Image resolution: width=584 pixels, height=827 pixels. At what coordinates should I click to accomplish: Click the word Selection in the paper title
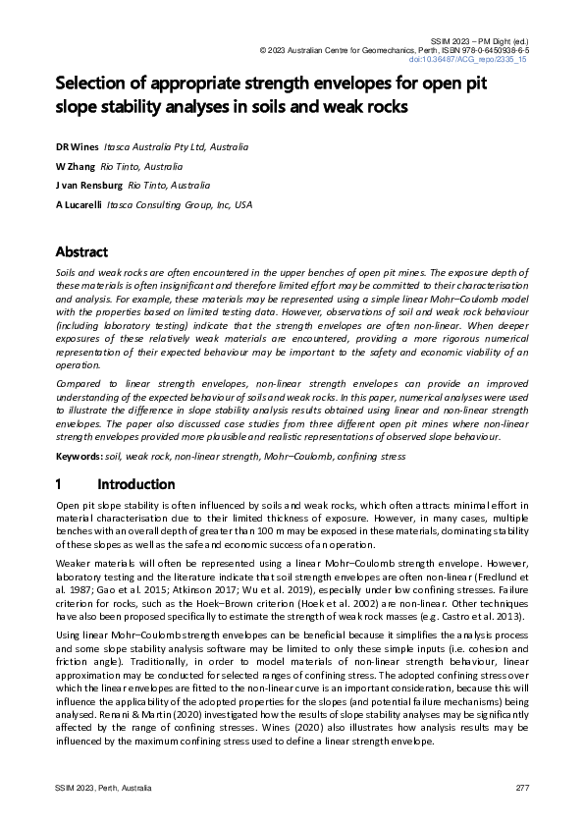(94, 83)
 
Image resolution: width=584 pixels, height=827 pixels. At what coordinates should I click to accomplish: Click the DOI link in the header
(482, 60)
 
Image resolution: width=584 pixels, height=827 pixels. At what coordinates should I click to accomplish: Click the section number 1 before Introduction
(60, 484)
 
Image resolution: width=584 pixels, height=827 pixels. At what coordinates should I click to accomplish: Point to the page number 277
(522, 790)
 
